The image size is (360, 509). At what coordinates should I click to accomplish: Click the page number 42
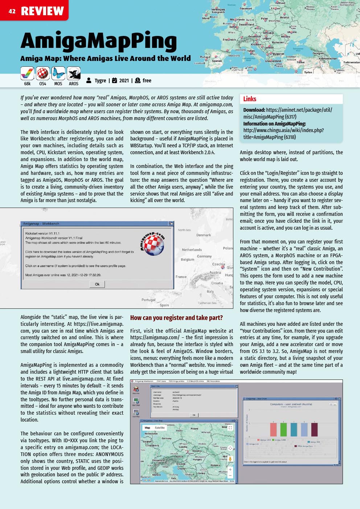[12, 11]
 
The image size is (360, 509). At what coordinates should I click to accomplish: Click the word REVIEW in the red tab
[42, 11]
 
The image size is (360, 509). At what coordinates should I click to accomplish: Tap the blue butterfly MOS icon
[58, 74]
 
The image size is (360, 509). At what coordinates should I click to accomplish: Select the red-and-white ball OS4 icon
[43, 74]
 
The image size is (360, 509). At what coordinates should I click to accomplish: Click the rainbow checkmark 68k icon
[27, 74]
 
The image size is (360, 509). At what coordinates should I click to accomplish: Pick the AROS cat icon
[74, 74]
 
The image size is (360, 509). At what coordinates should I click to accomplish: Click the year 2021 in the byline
[124, 81]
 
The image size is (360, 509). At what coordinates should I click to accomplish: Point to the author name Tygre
[100, 81]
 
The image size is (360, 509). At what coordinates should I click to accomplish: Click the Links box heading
[250, 99]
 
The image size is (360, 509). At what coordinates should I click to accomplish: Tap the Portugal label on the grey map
[148, 300]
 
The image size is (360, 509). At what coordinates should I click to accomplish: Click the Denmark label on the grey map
[204, 235]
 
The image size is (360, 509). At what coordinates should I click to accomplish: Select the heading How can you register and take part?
[176, 318]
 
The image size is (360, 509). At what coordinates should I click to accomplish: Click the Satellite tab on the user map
[160, 428]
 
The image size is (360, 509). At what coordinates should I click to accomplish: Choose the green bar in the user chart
[283, 430]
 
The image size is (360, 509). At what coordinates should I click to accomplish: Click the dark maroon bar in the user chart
[314, 430]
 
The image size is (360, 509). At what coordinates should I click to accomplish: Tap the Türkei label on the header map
[300, 62]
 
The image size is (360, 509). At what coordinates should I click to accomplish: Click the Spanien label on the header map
[217, 61]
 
